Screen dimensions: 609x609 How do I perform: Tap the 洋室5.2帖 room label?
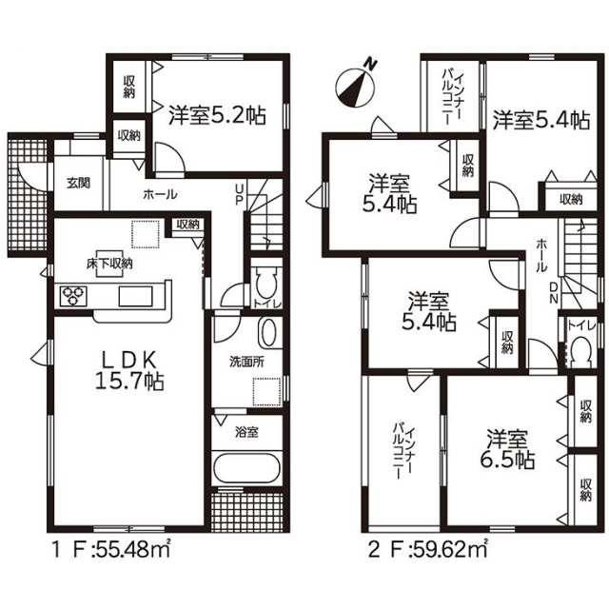coord(217,116)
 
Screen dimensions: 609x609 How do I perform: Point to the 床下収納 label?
coord(110,263)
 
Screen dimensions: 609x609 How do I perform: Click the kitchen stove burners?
coord(73,296)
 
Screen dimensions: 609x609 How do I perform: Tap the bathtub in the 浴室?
coord(246,471)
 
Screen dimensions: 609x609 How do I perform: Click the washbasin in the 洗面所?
coord(269,335)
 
